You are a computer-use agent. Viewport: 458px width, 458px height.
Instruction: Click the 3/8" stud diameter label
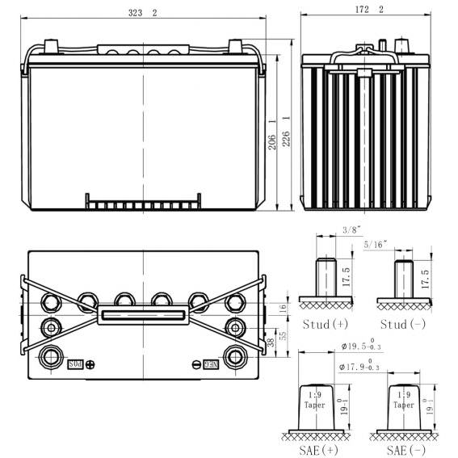(328, 229)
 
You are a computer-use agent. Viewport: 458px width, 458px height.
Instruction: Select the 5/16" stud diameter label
(376, 242)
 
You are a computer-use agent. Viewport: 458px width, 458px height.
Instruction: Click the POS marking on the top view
(75, 364)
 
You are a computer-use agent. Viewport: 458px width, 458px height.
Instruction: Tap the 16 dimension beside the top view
(282, 309)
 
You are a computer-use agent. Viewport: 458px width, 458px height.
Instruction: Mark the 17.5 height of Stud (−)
(424, 277)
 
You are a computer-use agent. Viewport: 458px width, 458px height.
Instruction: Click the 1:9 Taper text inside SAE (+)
(314, 401)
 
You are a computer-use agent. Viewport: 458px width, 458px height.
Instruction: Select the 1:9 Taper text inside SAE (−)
(402, 401)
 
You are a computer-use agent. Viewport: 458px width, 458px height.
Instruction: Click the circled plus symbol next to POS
(90, 364)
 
